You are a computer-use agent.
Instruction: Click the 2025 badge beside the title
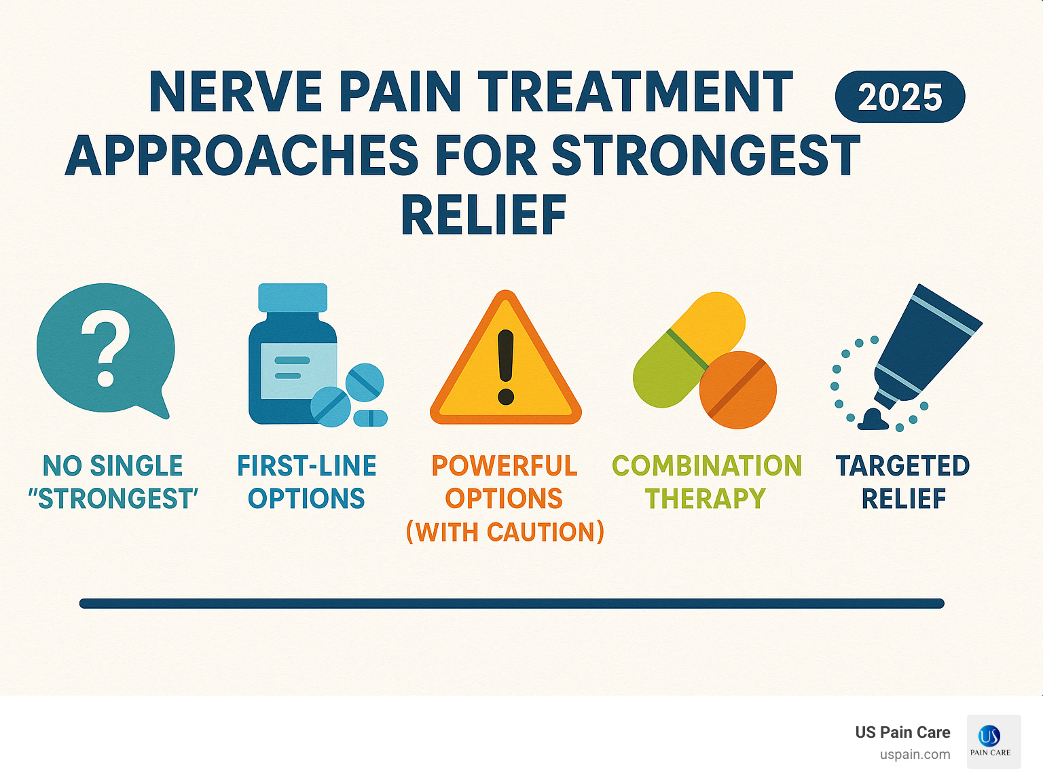point(900,97)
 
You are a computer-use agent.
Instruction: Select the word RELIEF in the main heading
point(483,215)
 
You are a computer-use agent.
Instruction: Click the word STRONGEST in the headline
point(706,156)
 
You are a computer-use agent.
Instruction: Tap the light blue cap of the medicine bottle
point(293,298)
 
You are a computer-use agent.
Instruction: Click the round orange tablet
point(738,390)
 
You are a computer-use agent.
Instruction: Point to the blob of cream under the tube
point(873,421)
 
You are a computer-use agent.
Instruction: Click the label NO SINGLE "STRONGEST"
point(113,482)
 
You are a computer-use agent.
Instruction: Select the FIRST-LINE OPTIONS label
point(306,482)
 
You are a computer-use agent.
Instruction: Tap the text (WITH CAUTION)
point(505,532)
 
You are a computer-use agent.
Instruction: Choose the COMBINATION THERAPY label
point(706,482)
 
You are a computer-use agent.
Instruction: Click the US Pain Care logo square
point(993,741)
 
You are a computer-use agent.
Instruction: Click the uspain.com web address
point(915,755)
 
